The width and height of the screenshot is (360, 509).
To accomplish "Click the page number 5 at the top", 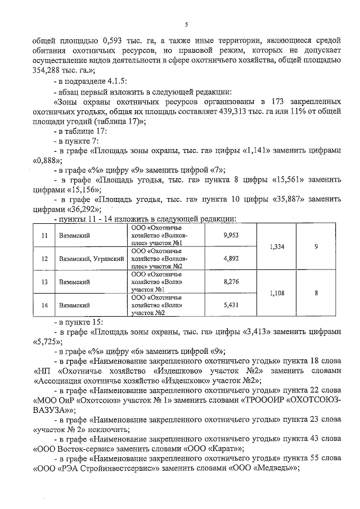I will [186, 24].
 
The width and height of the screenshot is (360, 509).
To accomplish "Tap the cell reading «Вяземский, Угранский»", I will [91, 259].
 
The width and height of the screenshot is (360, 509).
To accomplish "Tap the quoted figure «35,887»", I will [294, 200].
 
